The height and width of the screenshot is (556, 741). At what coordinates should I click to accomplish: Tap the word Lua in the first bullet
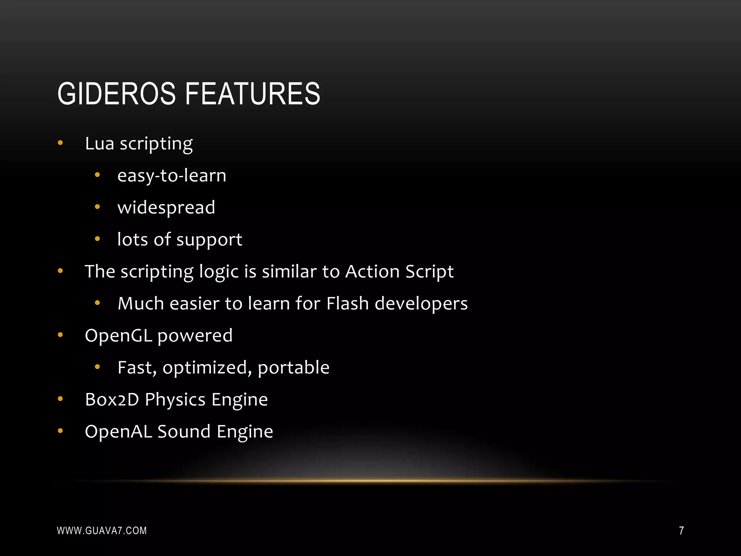coord(99,143)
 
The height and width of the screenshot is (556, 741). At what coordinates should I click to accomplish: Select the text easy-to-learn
coord(172,176)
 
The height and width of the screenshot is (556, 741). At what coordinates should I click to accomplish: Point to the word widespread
coord(166,207)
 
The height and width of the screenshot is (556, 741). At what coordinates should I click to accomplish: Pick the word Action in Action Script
coord(372,271)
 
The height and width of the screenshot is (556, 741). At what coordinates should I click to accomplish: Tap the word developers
coord(421,304)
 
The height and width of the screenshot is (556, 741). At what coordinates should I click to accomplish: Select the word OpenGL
coord(118,336)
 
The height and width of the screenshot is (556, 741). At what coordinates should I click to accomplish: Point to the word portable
coord(293,368)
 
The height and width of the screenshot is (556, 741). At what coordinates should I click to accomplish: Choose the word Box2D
coord(112,400)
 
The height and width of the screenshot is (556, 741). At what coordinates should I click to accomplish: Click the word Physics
coord(175,400)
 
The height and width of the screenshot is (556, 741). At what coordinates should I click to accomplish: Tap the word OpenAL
coord(118,431)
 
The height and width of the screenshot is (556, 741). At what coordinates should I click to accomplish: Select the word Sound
coord(184,431)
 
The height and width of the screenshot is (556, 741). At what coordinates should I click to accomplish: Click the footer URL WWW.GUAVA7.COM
coord(102,531)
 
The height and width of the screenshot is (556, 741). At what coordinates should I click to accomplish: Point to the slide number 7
coord(681,531)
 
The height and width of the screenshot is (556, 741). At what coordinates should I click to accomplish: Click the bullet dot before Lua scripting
coord(60,143)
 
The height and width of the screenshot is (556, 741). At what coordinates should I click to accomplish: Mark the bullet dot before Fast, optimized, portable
coord(97,367)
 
